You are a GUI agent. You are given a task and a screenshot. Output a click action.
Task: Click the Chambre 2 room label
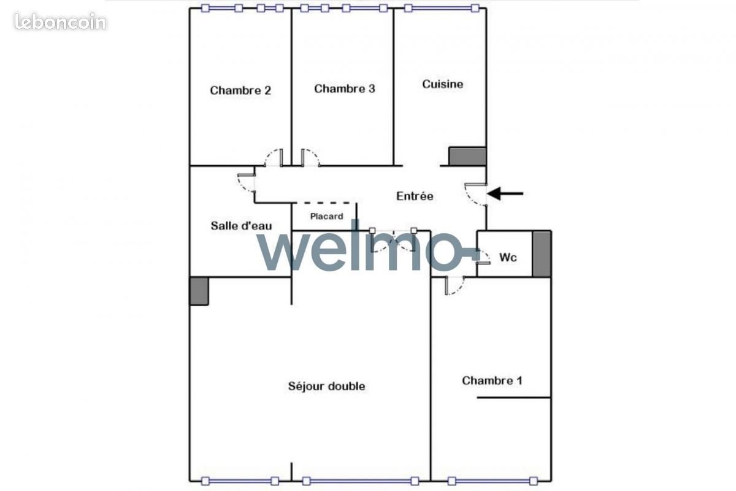tap(240, 90)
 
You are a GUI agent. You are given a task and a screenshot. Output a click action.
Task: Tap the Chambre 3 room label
tap(344, 89)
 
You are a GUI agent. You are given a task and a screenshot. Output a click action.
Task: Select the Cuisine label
tap(443, 84)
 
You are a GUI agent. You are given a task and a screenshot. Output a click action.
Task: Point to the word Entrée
tap(415, 196)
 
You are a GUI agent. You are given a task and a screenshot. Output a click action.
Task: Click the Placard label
tap(326, 217)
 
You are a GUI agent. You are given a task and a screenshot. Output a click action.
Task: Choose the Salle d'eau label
tap(241, 226)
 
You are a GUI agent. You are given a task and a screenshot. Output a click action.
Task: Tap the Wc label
tap(508, 257)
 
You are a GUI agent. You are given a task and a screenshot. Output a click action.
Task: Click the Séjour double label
tap(326, 386)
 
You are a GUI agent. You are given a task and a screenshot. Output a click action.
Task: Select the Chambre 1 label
tap(492, 381)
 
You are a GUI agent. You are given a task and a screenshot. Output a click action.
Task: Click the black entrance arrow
tap(505, 194)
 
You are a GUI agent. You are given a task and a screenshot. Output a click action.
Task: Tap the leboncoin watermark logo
tap(61, 21)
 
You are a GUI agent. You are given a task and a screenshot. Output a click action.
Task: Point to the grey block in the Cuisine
tap(467, 157)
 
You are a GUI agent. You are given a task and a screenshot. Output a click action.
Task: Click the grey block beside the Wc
tap(542, 254)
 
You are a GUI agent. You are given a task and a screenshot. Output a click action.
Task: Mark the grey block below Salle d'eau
tap(199, 292)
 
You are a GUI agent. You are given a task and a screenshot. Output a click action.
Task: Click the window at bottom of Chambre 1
tap(493, 481)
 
